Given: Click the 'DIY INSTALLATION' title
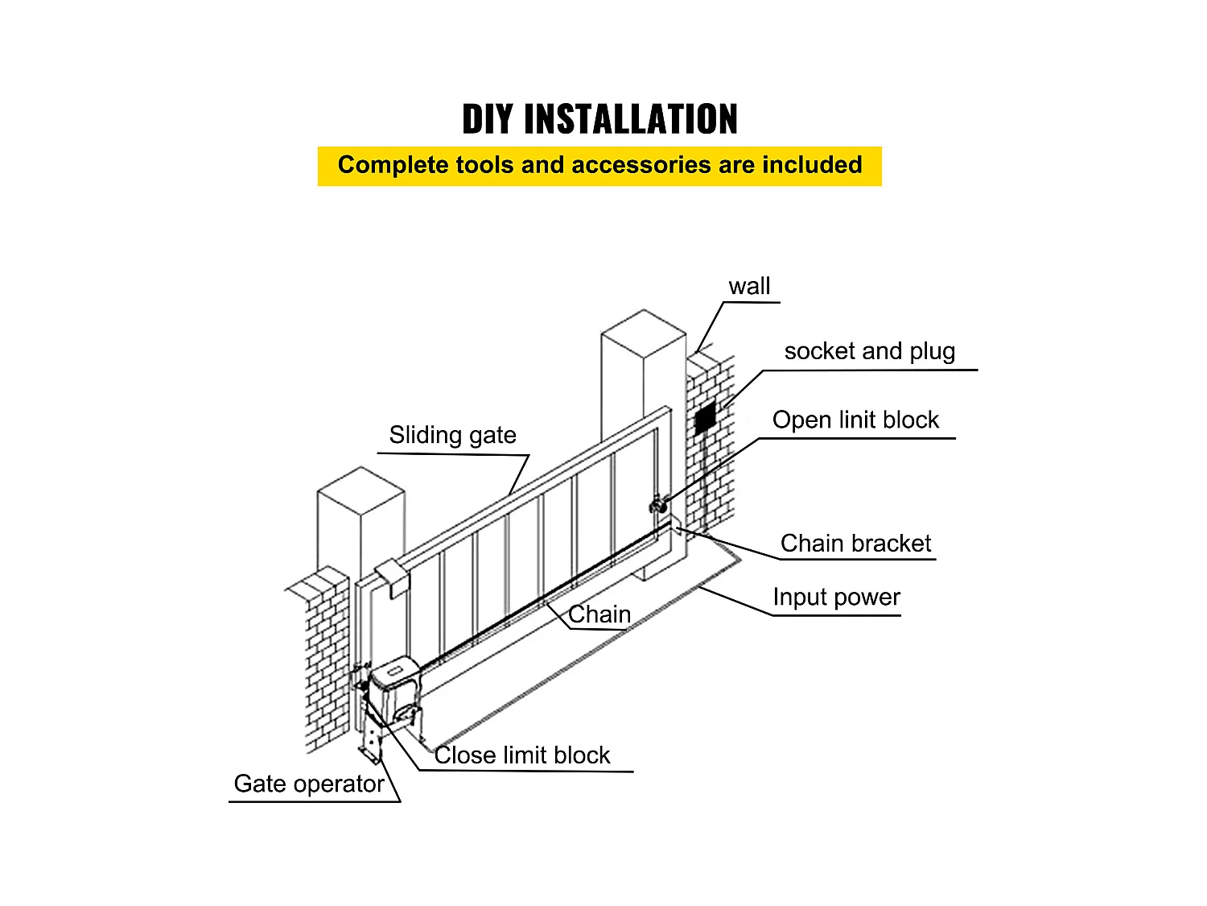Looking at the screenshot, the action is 599,119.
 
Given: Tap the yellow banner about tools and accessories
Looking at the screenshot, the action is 599,166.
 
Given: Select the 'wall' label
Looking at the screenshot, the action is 749,287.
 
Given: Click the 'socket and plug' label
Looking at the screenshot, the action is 869,352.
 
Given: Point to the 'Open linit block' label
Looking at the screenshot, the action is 855,420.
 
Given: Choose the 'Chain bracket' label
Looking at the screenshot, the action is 855,544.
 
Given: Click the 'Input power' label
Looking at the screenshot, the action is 836,598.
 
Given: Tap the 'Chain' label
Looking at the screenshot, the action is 599,614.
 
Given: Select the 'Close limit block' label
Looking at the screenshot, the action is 522,755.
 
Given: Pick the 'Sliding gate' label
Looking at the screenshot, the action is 452,436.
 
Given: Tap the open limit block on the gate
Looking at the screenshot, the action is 658,506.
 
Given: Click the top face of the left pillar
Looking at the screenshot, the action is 360,490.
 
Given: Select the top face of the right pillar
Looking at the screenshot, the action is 644,333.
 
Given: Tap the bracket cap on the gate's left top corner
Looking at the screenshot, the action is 393,577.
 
